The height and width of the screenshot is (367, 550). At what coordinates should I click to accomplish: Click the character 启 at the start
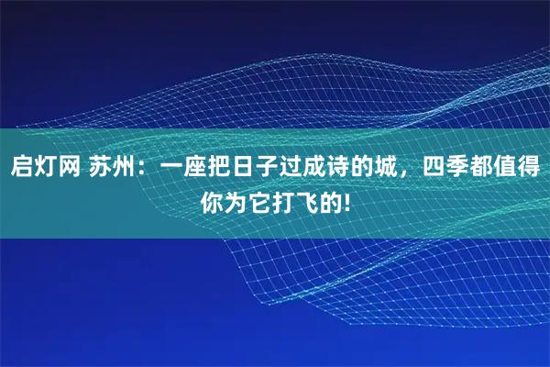[x=23, y=168]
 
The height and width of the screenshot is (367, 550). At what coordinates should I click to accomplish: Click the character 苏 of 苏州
[x=103, y=168]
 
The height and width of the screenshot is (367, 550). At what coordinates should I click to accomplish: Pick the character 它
[x=263, y=198]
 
